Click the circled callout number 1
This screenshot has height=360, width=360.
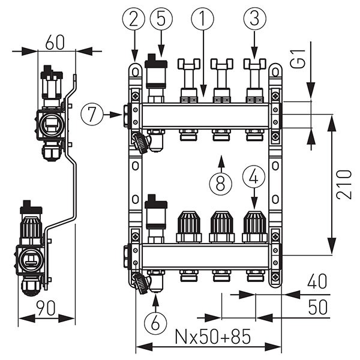click(202, 20)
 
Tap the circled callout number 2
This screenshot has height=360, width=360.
click(134, 20)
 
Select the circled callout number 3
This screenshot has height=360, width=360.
click(254, 20)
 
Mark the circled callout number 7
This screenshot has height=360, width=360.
click(92, 114)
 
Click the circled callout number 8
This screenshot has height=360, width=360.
click(221, 182)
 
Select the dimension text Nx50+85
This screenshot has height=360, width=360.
click(208, 337)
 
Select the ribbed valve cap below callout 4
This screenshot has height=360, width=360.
click(254, 226)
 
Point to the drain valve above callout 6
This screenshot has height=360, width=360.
click(142, 282)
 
